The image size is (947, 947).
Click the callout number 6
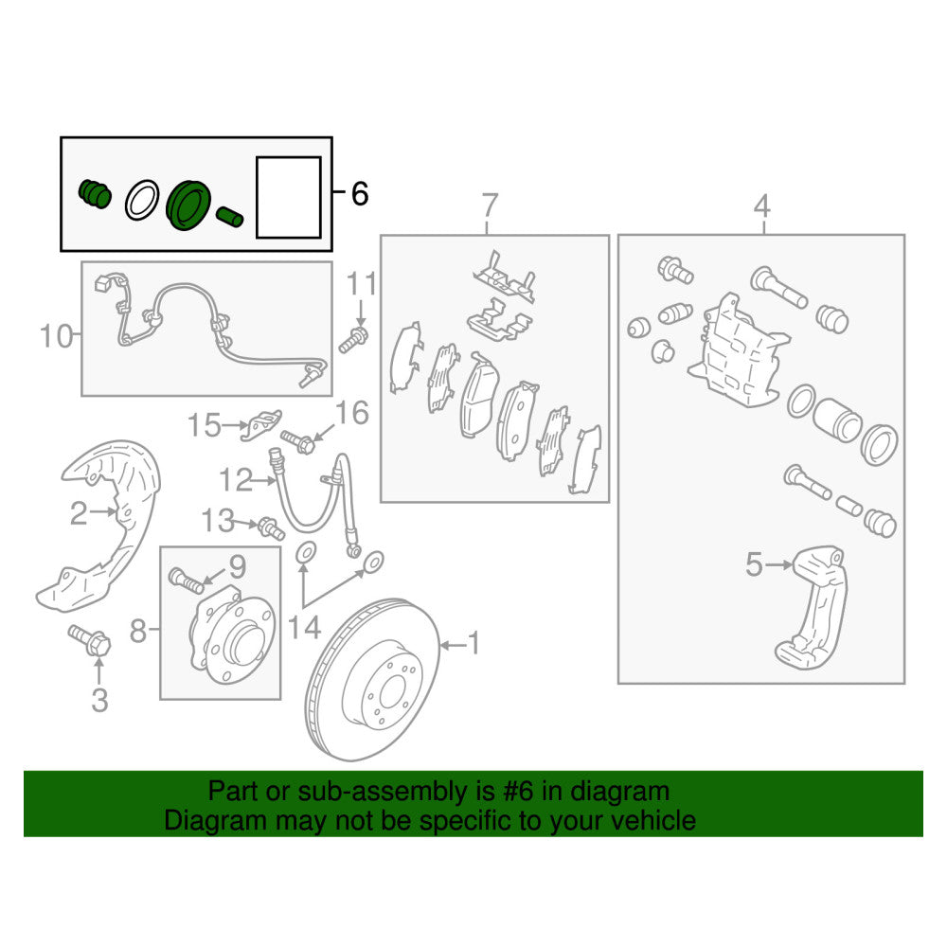click(x=359, y=194)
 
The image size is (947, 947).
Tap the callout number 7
click(x=489, y=204)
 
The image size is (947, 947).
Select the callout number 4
click(x=762, y=204)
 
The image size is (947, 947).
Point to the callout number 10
click(x=57, y=335)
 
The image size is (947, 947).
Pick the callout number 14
click(x=304, y=626)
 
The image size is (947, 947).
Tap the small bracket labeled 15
click(x=261, y=424)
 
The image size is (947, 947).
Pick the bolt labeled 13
click(x=270, y=527)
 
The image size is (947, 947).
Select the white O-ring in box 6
click(x=141, y=199)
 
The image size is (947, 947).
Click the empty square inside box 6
click(x=288, y=197)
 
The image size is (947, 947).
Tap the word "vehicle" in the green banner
click(x=648, y=820)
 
